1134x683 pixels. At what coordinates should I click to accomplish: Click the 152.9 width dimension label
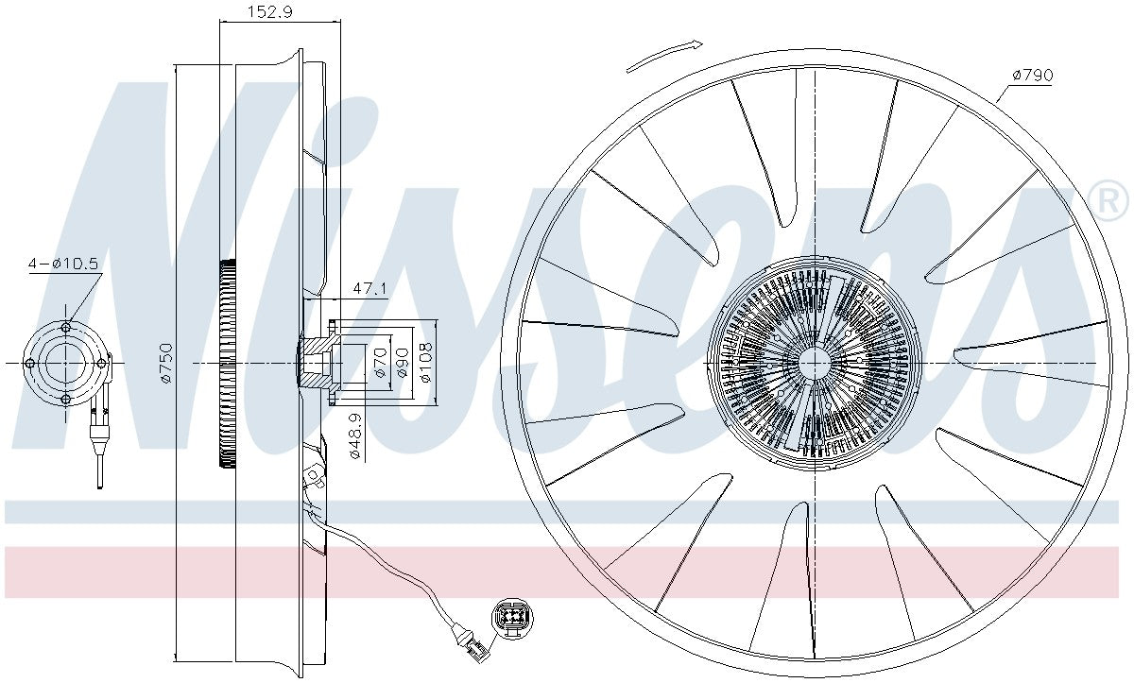click(x=270, y=11)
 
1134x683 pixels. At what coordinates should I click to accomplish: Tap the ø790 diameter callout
click(x=1033, y=76)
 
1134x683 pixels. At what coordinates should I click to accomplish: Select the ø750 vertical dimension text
click(x=166, y=363)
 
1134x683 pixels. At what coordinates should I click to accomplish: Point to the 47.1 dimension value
click(x=369, y=289)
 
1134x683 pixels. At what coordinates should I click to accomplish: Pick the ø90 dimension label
click(x=403, y=362)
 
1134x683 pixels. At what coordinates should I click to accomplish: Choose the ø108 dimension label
click(x=425, y=362)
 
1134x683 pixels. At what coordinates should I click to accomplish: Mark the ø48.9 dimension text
click(x=356, y=436)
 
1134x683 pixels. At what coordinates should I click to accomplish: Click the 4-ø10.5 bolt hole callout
click(x=63, y=264)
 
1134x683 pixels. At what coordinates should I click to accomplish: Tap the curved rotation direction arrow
click(x=664, y=56)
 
